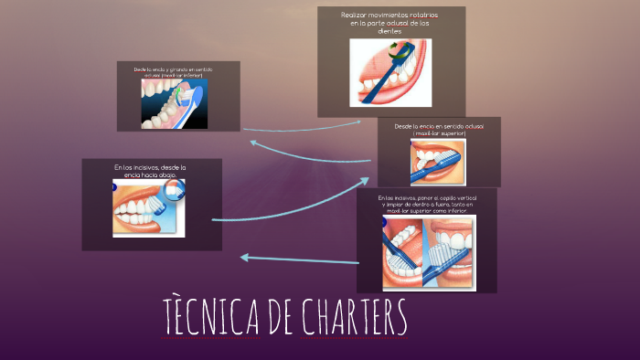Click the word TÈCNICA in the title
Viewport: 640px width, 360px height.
210,317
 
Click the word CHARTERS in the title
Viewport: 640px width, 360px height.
351,317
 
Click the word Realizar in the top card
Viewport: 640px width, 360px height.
358,16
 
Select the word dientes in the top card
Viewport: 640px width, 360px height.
390,32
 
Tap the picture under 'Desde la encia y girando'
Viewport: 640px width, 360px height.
174,103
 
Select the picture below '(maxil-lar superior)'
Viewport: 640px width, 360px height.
438,162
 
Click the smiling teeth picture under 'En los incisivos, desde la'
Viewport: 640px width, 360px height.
149,208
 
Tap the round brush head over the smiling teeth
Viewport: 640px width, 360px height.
175,188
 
